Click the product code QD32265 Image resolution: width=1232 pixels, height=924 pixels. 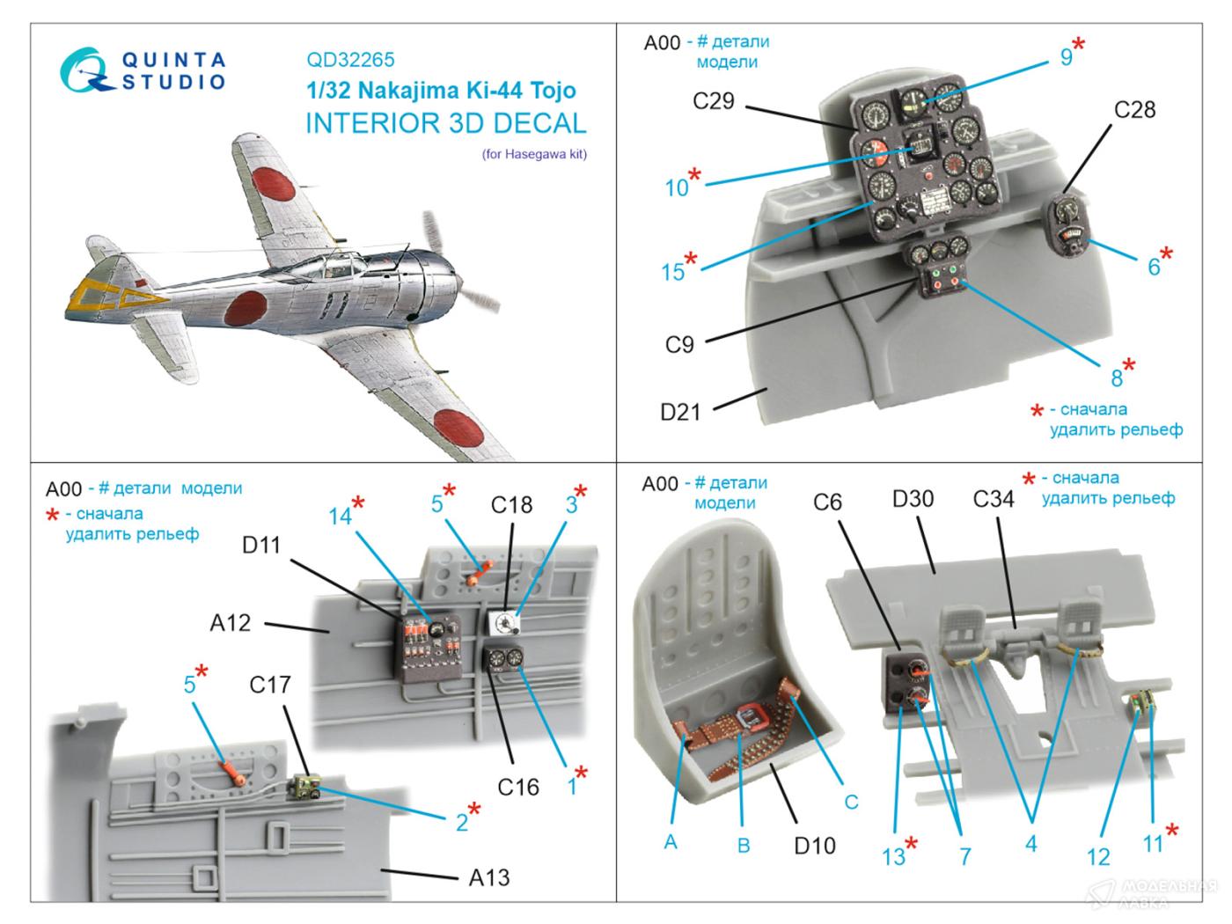(x=350, y=60)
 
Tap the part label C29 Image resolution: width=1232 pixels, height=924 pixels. (x=713, y=101)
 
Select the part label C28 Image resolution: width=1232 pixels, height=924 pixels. (x=1134, y=110)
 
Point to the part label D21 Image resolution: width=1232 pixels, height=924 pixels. (x=680, y=411)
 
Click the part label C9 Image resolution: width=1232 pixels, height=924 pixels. (x=679, y=345)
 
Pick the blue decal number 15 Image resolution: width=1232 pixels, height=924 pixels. (x=672, y=272)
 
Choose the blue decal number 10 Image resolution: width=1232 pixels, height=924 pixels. (x=676, y=187)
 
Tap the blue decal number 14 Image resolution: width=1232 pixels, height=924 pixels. (x=340, y=516)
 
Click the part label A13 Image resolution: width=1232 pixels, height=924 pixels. (x=489, y=877)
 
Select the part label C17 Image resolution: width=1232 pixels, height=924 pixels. (x=269, y=685)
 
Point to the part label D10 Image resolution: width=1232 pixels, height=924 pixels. (x=814, y=846)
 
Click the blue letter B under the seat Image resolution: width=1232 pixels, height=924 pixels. (x=744, y=846)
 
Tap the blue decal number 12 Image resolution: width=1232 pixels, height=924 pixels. (x=1098, y=856)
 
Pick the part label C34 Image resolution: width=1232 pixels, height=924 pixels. (x=993, y=499)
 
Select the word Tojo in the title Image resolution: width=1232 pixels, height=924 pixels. (x=546, y=91)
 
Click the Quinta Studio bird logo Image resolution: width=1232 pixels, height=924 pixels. (x=86, y=70)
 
